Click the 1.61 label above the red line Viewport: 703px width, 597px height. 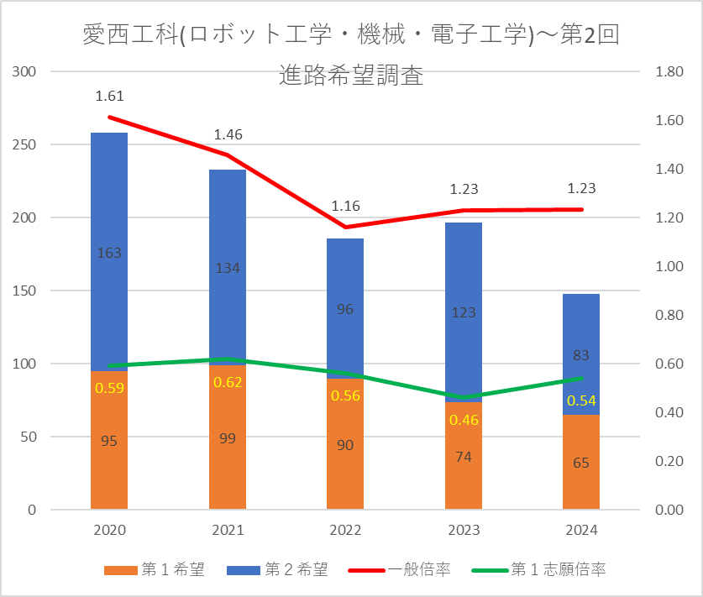(109, 97)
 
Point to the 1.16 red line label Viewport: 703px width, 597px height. (345, 205)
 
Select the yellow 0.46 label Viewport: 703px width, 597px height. (464, 419)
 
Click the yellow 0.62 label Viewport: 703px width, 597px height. (228, 382)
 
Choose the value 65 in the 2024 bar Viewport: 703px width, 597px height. (581, 463)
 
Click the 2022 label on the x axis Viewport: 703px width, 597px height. (345, 530)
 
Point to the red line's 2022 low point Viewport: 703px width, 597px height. (345, 227)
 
